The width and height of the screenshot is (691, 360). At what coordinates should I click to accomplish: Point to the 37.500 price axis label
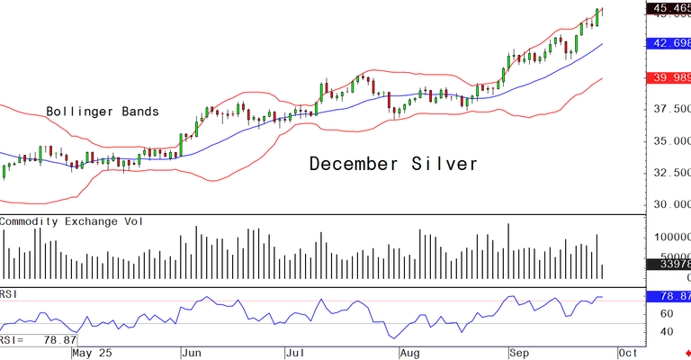669,109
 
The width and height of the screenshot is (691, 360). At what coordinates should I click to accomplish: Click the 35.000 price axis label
669,141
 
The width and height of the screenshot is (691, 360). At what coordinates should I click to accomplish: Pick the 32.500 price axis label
669,173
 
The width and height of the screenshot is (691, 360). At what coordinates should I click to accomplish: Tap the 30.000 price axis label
669,204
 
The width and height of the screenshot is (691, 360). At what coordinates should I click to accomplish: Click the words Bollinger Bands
103,112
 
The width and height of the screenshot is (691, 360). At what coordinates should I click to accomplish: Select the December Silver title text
393,164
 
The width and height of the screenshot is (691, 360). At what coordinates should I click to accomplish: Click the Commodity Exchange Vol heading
75,221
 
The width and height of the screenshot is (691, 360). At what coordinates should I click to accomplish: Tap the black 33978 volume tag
671,265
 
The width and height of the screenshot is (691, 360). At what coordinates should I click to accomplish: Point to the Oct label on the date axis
629,354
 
